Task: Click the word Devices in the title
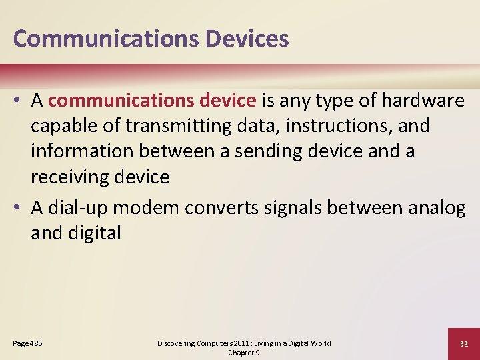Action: [247, 39]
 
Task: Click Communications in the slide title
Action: [107, 39]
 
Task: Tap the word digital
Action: [92, 233]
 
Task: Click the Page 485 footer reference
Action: [27, 343]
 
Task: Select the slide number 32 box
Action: [463, 343]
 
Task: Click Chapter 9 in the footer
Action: [243, 353]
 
